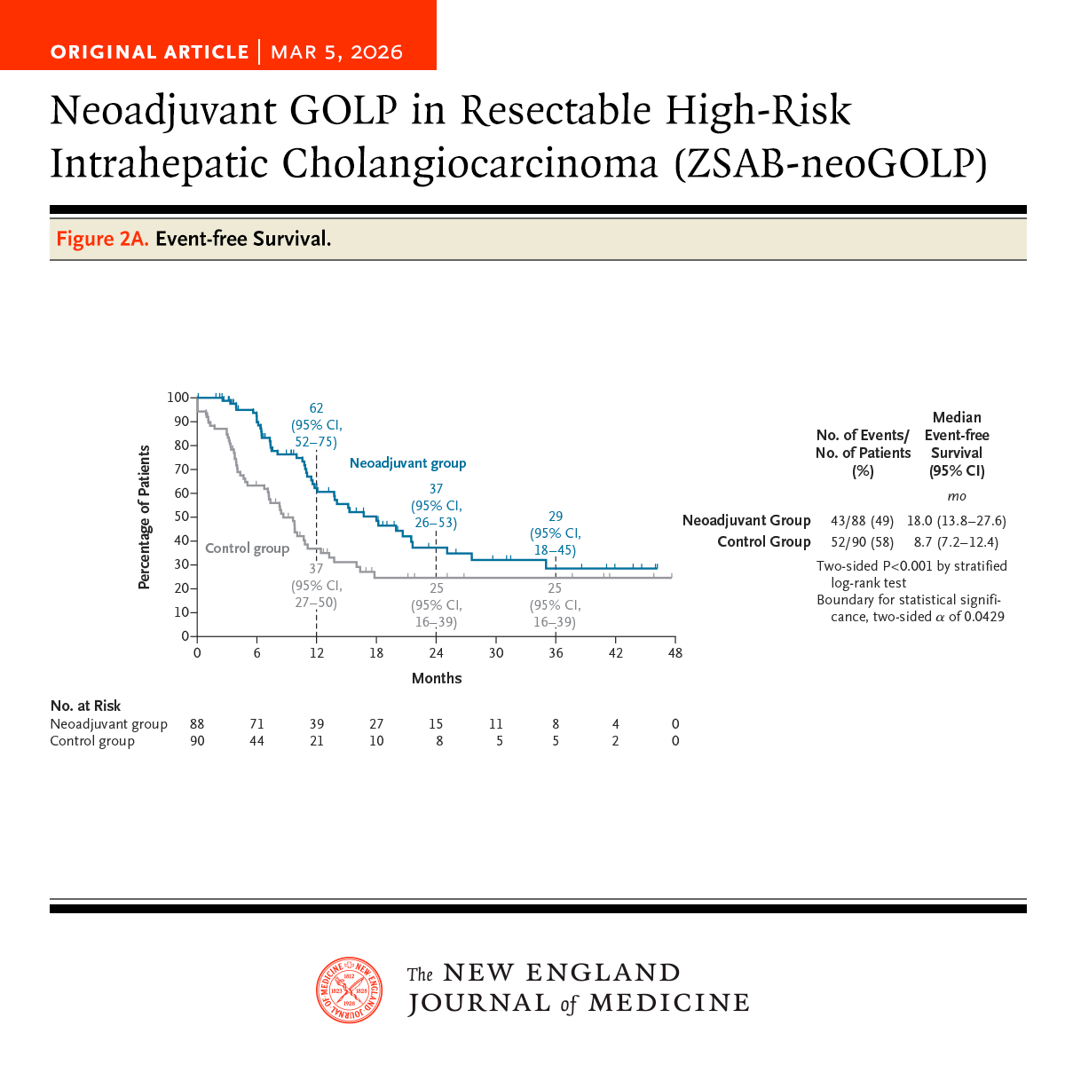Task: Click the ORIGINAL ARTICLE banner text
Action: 149,52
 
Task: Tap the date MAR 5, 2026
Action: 336,52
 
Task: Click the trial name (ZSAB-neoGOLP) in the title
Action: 830,164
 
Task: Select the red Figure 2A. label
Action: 102,239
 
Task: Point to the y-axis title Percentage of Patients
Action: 144,517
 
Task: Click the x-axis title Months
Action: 437,678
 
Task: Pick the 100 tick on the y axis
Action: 177,398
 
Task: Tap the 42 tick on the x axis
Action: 616,653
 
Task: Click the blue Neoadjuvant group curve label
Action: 407,463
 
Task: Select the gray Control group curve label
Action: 247,548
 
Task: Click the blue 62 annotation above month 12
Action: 316,408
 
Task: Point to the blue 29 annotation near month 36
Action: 556,517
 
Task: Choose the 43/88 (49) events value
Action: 862,521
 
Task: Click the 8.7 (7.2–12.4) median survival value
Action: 956,542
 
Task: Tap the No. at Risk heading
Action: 85,706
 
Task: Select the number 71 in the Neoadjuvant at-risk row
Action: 256,724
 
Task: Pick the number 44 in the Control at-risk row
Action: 256,741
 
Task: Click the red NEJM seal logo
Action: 350,990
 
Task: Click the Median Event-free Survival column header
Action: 957,444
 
